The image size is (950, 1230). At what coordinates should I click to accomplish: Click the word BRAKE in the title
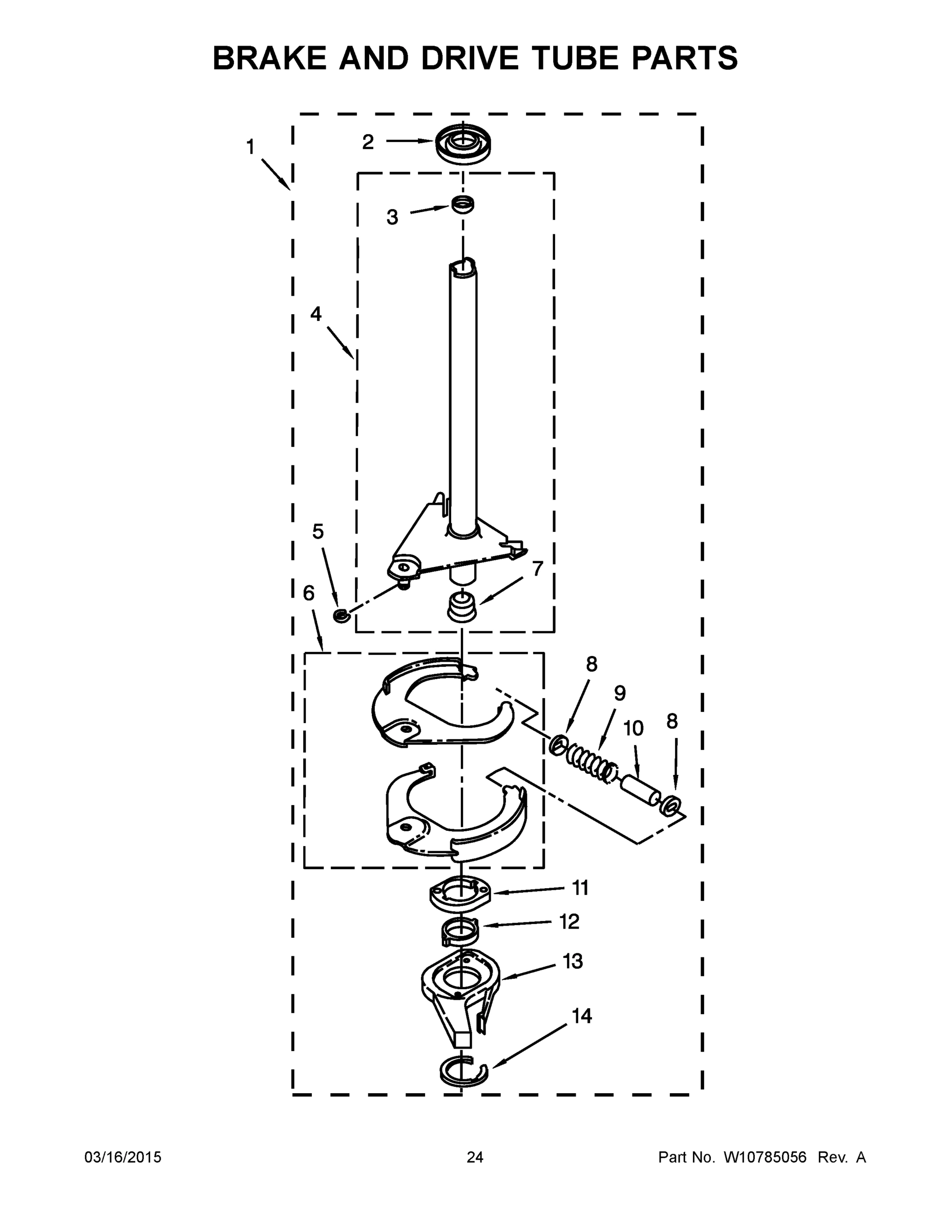tap(269, 58)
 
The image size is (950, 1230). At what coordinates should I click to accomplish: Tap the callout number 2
tap(368, 142)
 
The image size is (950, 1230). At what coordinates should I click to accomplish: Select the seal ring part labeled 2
tap(462, 143)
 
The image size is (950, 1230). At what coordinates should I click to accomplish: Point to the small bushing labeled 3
tap(462, 204)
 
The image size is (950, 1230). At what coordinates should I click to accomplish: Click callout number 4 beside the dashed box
tap(316, 314)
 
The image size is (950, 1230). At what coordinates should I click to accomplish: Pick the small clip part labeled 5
tap(341, 616)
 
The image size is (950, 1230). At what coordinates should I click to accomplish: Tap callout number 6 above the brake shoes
tap(308, 592)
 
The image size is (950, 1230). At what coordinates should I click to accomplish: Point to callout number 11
tap(580, 888)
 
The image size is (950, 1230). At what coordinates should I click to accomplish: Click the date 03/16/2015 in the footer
tap(123, 1157)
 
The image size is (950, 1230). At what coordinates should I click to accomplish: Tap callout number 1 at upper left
tap(250, 148)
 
